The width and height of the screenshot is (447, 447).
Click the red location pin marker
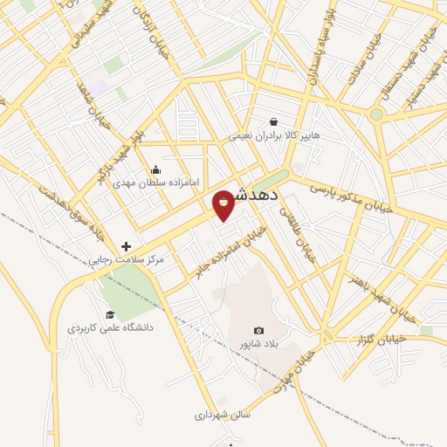[x=224, y=203]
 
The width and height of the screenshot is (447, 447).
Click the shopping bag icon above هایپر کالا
[x=274, y=122]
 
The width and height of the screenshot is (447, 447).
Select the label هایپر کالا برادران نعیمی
[x=274, y=136]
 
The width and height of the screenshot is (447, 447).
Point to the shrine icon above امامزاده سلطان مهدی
[x=156, y=169]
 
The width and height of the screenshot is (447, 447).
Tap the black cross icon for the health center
[x=126, y=247]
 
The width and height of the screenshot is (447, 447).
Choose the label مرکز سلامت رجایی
[x=127, y=261]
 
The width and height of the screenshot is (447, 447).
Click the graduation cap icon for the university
[x=110, y=314]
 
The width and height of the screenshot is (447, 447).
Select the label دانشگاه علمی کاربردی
[x=110, y=328]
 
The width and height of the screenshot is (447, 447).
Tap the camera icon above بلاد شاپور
[x=258, y=330]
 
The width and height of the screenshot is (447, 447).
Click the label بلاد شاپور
[x=258, y=344]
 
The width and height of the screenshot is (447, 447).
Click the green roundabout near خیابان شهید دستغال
[x=376, y=114]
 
